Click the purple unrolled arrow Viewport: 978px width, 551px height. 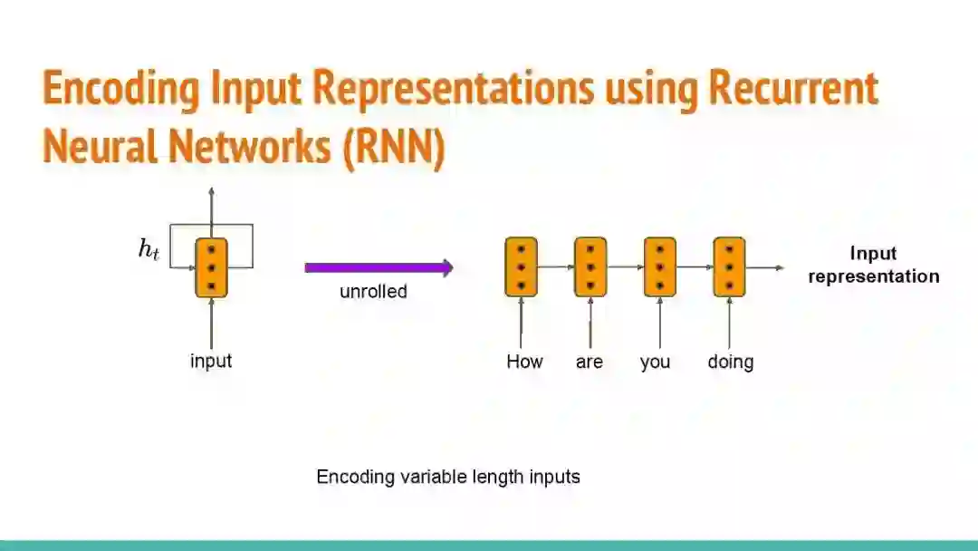378,267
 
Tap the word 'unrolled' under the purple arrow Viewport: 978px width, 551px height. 373,292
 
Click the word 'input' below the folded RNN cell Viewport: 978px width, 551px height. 211,361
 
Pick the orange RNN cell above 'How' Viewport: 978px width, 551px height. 521,266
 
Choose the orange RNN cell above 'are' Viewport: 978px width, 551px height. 590,266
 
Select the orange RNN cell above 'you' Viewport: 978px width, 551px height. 659,266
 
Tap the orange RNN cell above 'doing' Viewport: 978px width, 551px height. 729,266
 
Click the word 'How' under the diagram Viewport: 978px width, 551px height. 524,362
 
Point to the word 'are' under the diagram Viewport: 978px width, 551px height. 590,362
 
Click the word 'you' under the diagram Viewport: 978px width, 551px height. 655,362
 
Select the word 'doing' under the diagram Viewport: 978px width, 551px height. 731,362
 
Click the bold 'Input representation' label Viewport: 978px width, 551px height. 873,265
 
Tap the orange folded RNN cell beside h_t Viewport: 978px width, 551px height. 211,266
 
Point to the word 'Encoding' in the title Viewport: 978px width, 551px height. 120,89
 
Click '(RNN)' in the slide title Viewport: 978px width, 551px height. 394,147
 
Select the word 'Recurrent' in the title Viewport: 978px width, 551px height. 793,89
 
